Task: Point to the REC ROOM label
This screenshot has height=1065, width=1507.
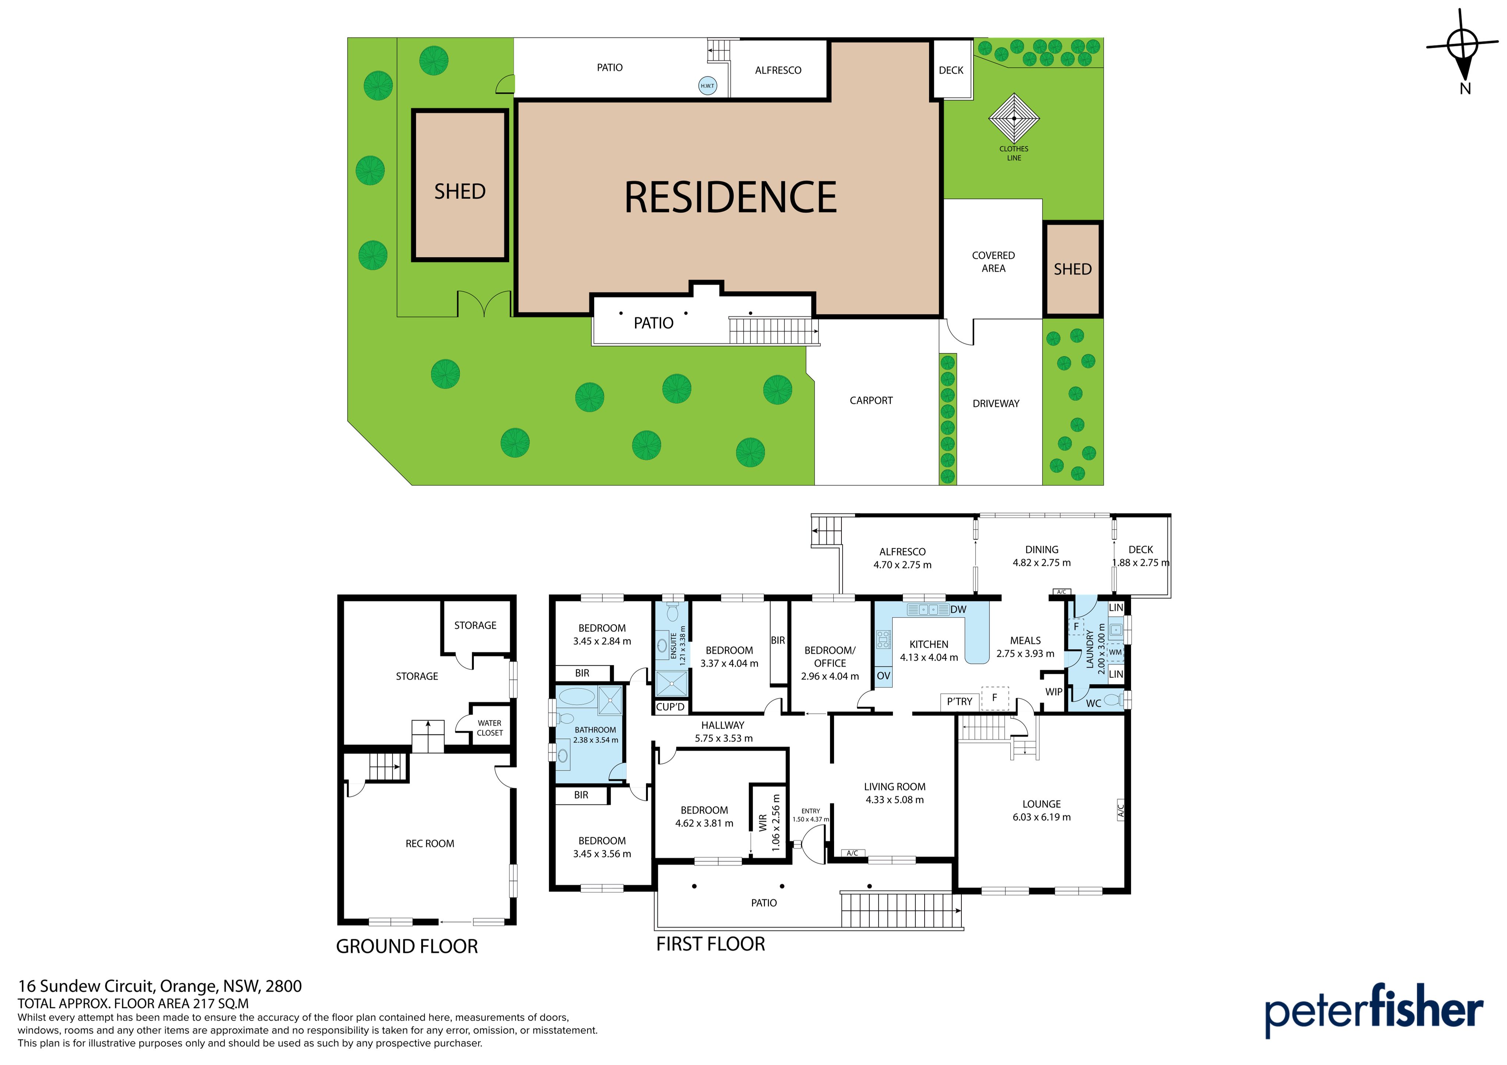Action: click(430, 844)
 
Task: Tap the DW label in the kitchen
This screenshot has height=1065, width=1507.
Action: click(958, 609)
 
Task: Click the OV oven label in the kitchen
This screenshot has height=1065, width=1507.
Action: click(883, 676)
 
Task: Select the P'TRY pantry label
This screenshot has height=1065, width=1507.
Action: click(960, 701)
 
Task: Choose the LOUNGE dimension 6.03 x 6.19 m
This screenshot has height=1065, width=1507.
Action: click(1042, 817)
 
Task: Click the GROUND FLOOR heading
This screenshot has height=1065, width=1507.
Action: click(407, 946)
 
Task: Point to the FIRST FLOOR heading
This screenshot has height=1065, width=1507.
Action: click(711, 944)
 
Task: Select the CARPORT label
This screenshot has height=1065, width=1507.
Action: click(871, 400)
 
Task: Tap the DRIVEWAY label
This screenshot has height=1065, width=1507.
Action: click(996, 404)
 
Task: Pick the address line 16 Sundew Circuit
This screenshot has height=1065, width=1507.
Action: click(160, 986)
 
